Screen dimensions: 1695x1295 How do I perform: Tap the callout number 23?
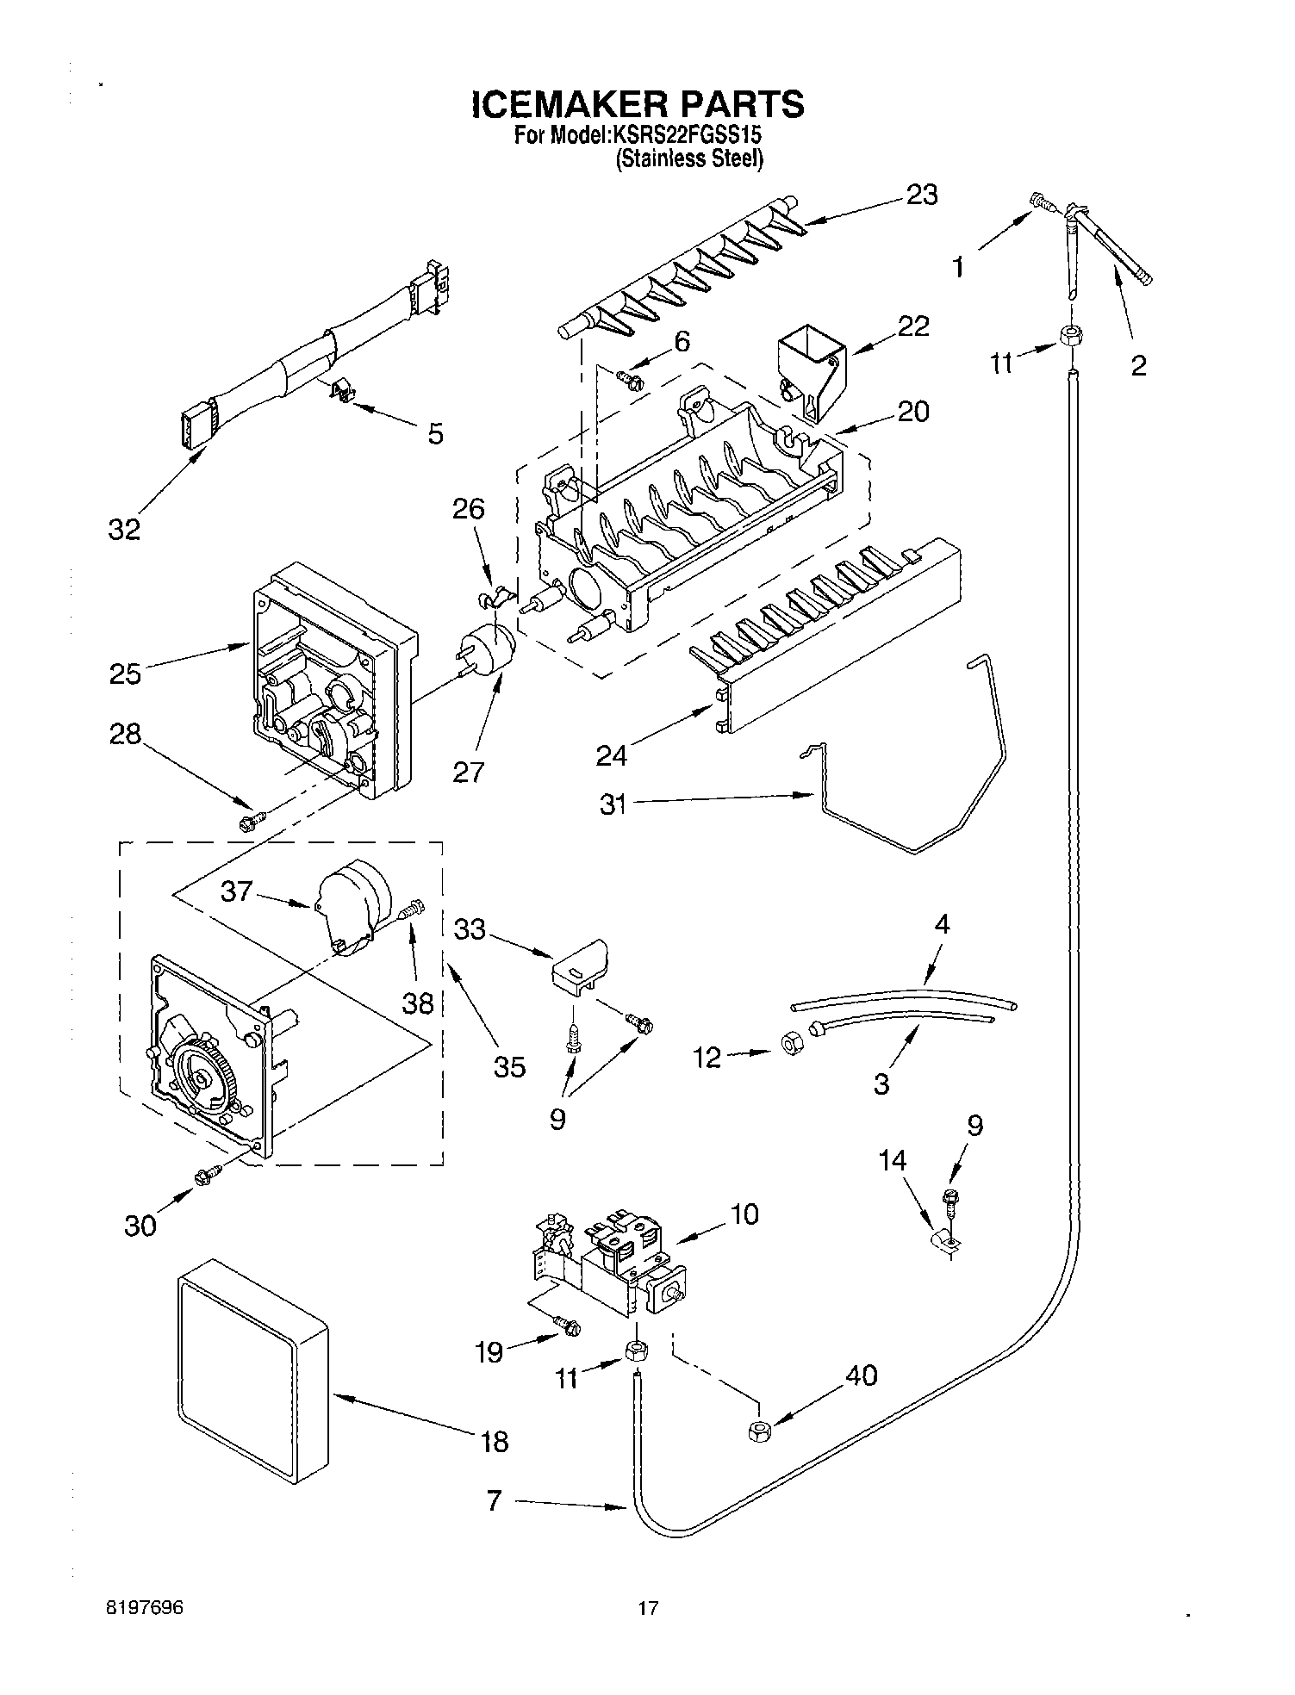click(921, 196)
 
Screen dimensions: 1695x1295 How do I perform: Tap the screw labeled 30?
click(209, 1173)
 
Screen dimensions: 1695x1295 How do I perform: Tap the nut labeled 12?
click(788, 1045)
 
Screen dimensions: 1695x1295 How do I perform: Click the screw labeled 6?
click(630, 378)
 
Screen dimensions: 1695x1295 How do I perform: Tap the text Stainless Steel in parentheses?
click(688, 158)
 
